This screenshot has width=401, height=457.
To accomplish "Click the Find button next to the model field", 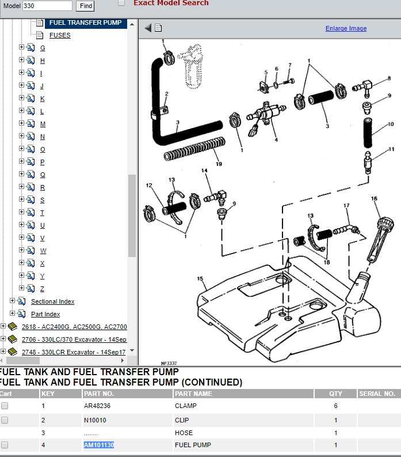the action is click(85, 6).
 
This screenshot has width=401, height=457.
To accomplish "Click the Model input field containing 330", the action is click(47, 6).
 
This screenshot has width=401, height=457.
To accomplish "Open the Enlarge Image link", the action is click(346, 28).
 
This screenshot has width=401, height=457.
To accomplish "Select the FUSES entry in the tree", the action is click(60, 35).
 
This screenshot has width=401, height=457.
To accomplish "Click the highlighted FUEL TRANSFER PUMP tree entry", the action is click(86, 22).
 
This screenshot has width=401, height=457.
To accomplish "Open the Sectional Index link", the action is click(53, 301).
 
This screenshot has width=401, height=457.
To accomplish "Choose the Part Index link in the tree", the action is click(45, 314).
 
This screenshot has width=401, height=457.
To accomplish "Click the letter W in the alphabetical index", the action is click(43, 251).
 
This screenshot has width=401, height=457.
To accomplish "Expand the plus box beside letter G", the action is click(21, 47).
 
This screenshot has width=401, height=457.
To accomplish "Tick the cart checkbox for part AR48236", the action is click(5, 406).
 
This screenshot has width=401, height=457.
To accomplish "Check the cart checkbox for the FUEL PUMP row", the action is click(5, 445).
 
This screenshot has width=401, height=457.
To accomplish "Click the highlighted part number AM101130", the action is click(99, 445).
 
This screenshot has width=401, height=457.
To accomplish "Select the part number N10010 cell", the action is click(95, 420).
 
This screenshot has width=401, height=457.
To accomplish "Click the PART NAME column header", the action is click(193, 394).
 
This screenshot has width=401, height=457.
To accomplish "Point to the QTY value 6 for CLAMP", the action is click(335, 406).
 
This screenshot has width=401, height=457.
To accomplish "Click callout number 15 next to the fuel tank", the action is click(200, 278).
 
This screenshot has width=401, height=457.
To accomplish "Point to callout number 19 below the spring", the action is click(219, 164).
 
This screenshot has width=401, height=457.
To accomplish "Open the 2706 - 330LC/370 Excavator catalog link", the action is click(74, 339).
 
